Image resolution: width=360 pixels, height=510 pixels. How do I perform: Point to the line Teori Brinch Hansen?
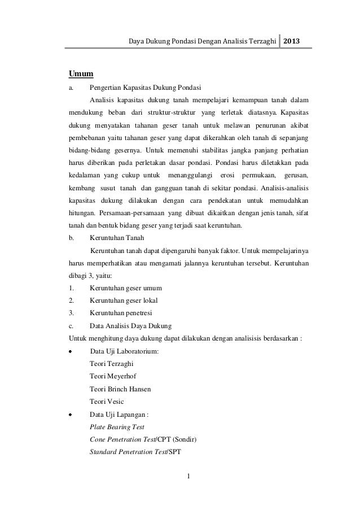point(120,389)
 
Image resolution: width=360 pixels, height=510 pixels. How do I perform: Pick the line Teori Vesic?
point(107,402)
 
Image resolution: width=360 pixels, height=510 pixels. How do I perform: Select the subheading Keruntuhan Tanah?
point(117,238)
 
